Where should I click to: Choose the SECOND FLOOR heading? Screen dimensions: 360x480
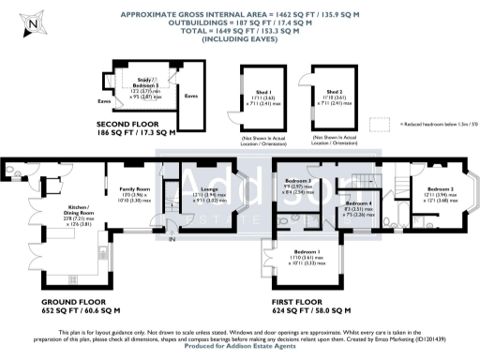click(x=136, y=125)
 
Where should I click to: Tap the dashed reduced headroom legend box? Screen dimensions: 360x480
click(x=379, y=124)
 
